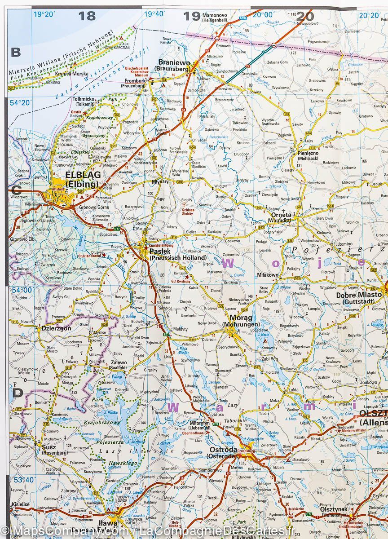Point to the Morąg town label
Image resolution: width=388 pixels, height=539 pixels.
pos(235,317)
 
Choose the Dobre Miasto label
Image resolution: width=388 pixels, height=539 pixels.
pos(359,295)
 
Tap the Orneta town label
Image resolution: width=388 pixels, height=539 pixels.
pos(281,215)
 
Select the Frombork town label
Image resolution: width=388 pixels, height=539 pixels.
pos(135,81)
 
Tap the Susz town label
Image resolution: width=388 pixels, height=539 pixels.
pos(48,447)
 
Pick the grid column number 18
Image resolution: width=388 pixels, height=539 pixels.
pos(87,16)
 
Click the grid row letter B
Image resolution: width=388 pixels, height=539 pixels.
pos(16,52)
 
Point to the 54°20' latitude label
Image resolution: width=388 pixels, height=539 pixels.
pos(22,103)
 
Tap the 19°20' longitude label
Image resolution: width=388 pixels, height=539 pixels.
pos(44,14)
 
